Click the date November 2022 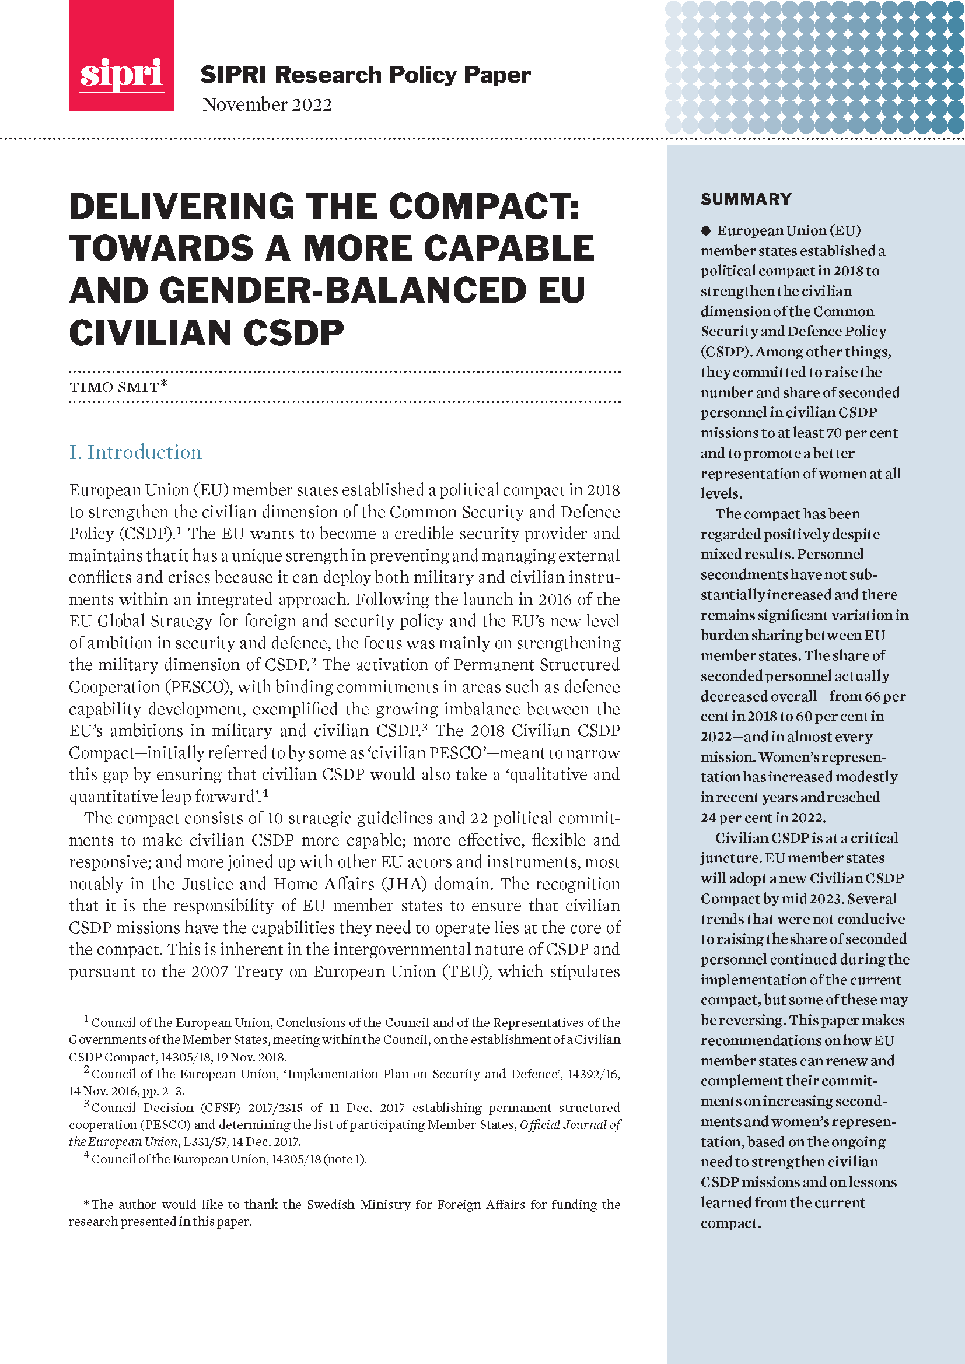click(267, 105)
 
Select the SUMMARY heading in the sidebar click(746, 199)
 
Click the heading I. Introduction click(135, 453)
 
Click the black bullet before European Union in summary click(706, 231)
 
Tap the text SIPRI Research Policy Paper click(365, 75)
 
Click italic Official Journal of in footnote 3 click(570, 1124)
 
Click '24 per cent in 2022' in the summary click(763, 818)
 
